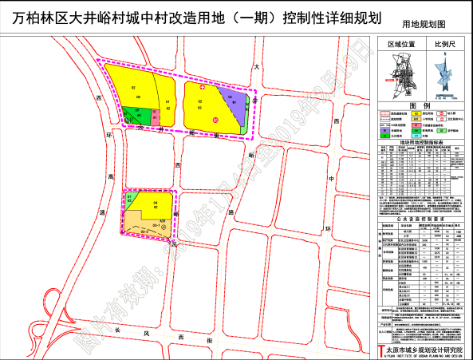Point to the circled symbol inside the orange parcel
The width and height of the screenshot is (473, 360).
164,227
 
